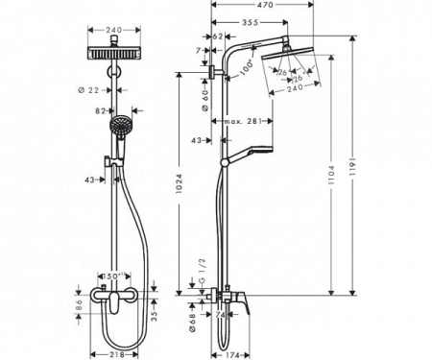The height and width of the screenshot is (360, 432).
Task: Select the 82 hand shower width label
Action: coord(100,110)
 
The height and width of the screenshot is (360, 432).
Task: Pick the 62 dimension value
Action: coord(216,36)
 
